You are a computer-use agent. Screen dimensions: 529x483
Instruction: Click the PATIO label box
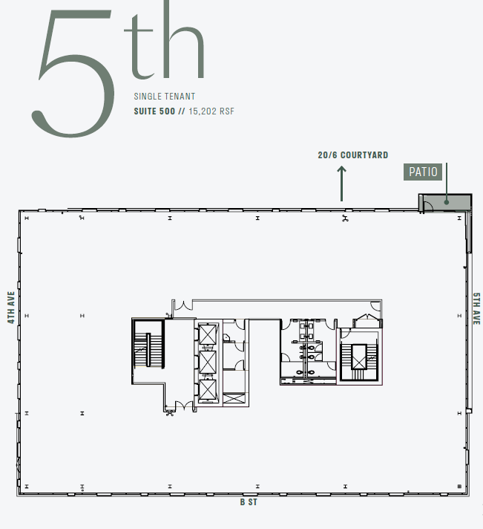(x=424, y=172)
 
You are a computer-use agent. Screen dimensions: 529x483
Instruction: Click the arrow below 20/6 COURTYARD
(x=341, y=183)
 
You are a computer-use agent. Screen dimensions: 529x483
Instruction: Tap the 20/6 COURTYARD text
(x=352, y=155)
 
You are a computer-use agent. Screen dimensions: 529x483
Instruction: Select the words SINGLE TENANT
(x=165, y=97)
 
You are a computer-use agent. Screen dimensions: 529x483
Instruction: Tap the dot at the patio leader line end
(x=447, y=199)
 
